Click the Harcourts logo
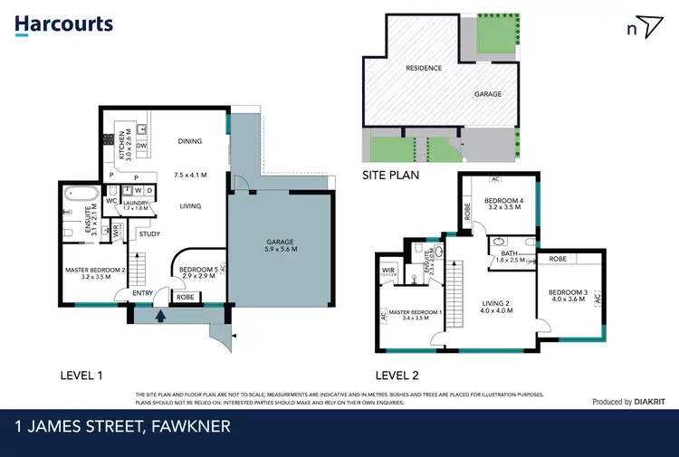pyautogui.click(x=64, y=24)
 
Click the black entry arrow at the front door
pyautogui.click(x=162, y=316)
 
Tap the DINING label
pyautogui.click(x=189, y=141)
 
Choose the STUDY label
pyautogui.click(x=149, y=234)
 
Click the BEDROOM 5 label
pyautogui.click(x=196, y=269)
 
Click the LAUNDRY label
pyautogui.click(x=136, y=204)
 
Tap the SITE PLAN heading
pyautogui.click(x=390, y=176)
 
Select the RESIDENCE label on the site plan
pyautogui.click(x=424, y=68)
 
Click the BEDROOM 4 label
pyautogui.click(x=503, y=200)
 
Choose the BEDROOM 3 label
pyautogui.click(x=569, y=291)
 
